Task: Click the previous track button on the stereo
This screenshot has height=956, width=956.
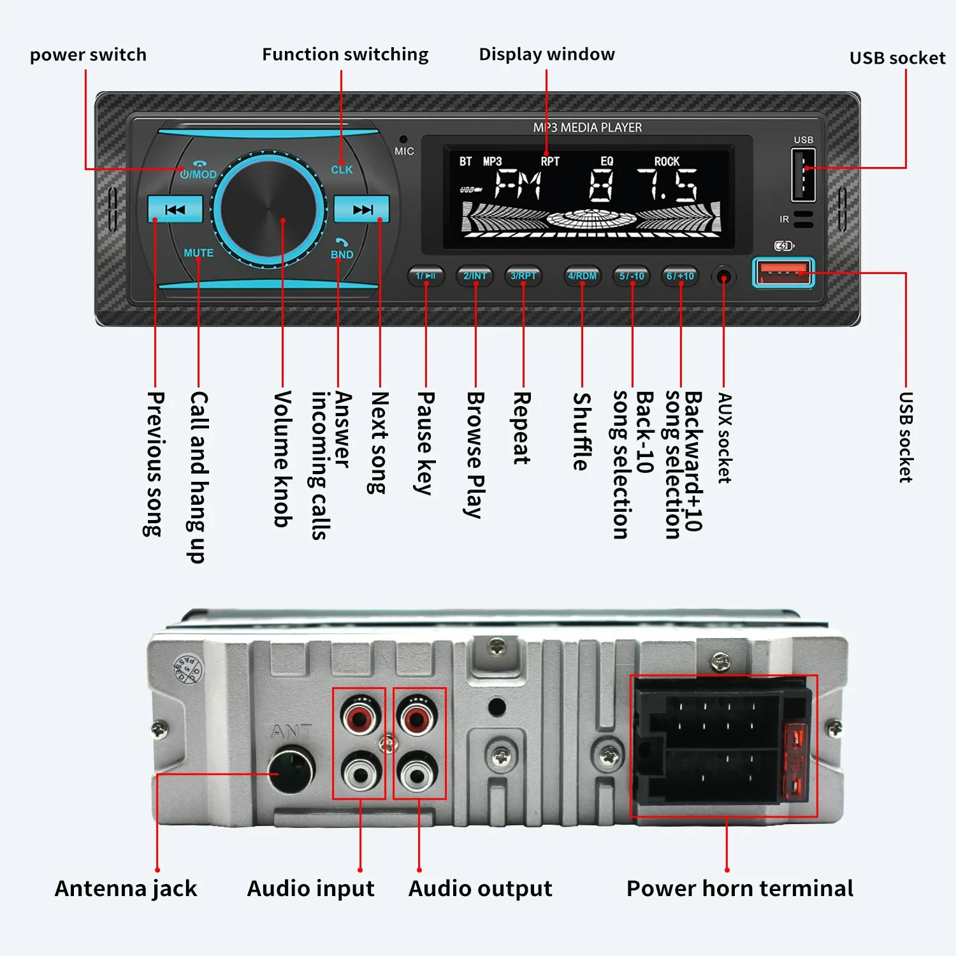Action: [175, 209]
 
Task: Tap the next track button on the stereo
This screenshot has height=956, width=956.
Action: [362, 209]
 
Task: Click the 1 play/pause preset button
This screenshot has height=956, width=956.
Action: [425, 276]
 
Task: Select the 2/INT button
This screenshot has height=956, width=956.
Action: [475, 276]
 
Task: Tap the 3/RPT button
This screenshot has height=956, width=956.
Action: [523, 276]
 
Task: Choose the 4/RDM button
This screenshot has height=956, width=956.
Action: [583, 276]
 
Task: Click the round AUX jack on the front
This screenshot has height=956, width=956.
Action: [723, 277]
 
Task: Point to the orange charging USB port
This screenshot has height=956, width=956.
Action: [783, 273]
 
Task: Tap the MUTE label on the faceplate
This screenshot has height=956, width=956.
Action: [198, 253]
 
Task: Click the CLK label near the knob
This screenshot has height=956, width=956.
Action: [342, 170]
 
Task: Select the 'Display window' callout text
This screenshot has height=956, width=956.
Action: [547, 54]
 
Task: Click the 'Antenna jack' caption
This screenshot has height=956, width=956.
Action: [126, 888]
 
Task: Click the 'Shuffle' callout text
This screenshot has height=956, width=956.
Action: [581, 431]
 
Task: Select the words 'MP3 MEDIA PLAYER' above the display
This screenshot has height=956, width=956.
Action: [587, 127]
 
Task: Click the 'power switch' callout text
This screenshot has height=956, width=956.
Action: [88, 55]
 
